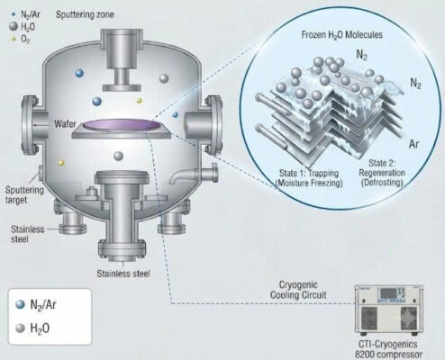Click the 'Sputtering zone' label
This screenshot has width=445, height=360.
coord(85,14)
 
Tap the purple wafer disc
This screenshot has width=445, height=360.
coord(122,125)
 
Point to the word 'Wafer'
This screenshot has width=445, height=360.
coord(65,123)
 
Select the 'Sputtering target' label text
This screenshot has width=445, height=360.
coord(24,195)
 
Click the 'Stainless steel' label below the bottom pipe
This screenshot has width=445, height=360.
coord(123,274)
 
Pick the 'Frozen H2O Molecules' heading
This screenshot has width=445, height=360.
coord(342,35)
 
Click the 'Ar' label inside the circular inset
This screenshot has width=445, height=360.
coord(413,144)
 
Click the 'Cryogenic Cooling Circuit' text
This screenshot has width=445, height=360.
coord(298,290)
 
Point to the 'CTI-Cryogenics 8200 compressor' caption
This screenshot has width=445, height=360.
coord(388,348)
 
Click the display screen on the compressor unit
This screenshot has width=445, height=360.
coord(388,293)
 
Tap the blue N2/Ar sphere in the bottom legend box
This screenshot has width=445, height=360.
coord(21,304)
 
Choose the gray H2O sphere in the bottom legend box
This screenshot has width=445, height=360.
coord(21,328)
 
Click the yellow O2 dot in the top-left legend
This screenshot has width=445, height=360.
coord(13,39)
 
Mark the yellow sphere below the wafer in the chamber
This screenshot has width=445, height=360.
coord(61,163)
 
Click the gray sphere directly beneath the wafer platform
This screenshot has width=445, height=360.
coord(119,156)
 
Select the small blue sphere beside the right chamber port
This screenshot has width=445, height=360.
coord(176,114)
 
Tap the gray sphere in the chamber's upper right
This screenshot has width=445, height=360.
coord(164,78)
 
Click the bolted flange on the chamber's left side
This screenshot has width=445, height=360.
coord(30,125)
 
